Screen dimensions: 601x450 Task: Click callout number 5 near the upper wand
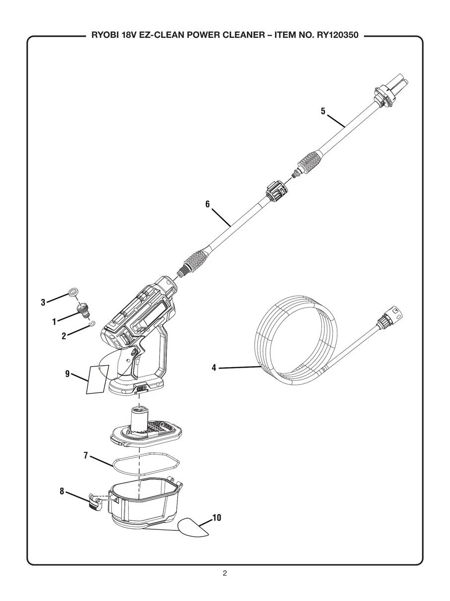click(x=323, y=111)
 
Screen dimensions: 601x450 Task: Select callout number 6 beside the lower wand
click(x=208, y=204)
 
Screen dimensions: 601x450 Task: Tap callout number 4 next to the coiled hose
click(x=214, y=368)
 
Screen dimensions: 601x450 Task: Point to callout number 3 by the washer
click(x=43, y=302)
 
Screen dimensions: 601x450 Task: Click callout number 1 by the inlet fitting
click(x=54, y=322)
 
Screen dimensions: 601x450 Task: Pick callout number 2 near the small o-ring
click(x=64, y=336)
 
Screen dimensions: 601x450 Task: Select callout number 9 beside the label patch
click(x=67, y=374)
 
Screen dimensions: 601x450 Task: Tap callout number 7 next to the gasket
click(x=85, y=455)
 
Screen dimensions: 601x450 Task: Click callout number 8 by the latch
click(x=62, y=491)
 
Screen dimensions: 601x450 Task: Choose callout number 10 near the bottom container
click(x=217, y=518)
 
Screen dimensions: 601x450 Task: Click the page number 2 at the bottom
click(x=225, y=573)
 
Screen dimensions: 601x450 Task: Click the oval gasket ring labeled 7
click(x=146, y=461)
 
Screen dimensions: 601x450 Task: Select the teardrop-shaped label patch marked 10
click(x=194, y=527)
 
